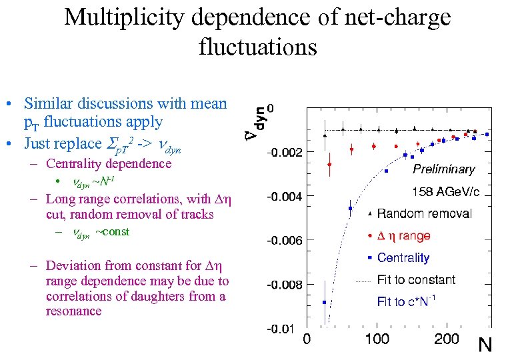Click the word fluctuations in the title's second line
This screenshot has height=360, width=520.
(257, 47)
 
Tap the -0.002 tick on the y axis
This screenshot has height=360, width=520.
(285, 153)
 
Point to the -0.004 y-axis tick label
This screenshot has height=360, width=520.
(285, 197)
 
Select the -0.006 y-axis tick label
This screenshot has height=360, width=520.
(285, 241)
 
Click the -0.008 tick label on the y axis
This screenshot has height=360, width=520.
(285, 285)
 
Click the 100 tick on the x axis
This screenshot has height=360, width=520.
(377, 339)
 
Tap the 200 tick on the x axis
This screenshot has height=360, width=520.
(447, 339)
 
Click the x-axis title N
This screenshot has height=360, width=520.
(486, 345)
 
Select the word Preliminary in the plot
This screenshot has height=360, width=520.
(444, 169)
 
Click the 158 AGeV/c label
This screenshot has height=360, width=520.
(445, 192)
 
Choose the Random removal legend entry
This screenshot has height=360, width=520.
(424, 213)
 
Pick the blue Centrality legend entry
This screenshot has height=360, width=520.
(403, 257)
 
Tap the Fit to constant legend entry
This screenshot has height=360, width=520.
(416, 279)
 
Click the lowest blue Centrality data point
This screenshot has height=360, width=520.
(325, 302)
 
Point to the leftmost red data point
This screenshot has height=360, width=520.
(329, 164)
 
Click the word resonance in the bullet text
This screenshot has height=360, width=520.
(73, 311)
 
